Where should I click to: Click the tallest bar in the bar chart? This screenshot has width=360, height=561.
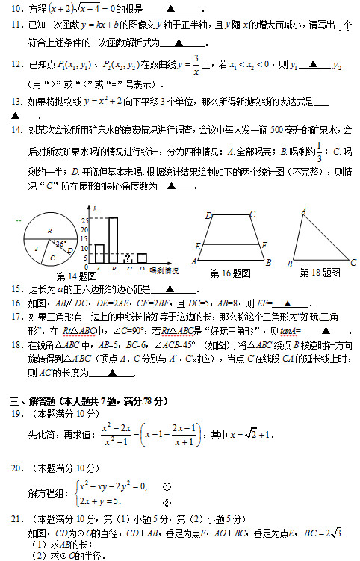coord(113,239)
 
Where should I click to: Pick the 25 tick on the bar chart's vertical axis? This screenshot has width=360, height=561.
coord(85,220)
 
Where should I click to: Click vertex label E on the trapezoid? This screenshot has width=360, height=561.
coord(197,246)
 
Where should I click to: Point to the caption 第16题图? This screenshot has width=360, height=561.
coord(232,273)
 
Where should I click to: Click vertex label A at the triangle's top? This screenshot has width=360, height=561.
coord(304,212)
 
